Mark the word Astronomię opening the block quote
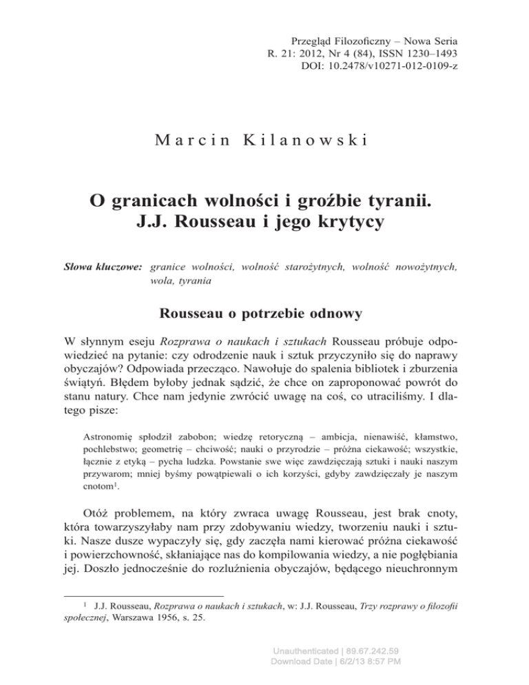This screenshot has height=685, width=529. click(112, 456)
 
